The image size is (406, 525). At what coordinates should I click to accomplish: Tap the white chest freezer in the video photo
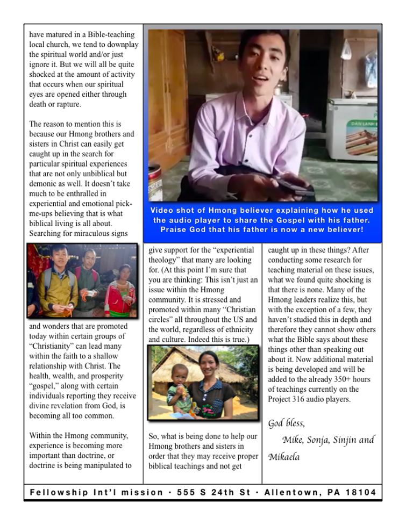[352, 129]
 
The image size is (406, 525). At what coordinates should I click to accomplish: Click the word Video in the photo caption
[162, 211]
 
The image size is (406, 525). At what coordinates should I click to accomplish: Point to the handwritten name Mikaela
[284, 457]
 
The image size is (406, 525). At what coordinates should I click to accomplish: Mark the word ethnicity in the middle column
[237, 330]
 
